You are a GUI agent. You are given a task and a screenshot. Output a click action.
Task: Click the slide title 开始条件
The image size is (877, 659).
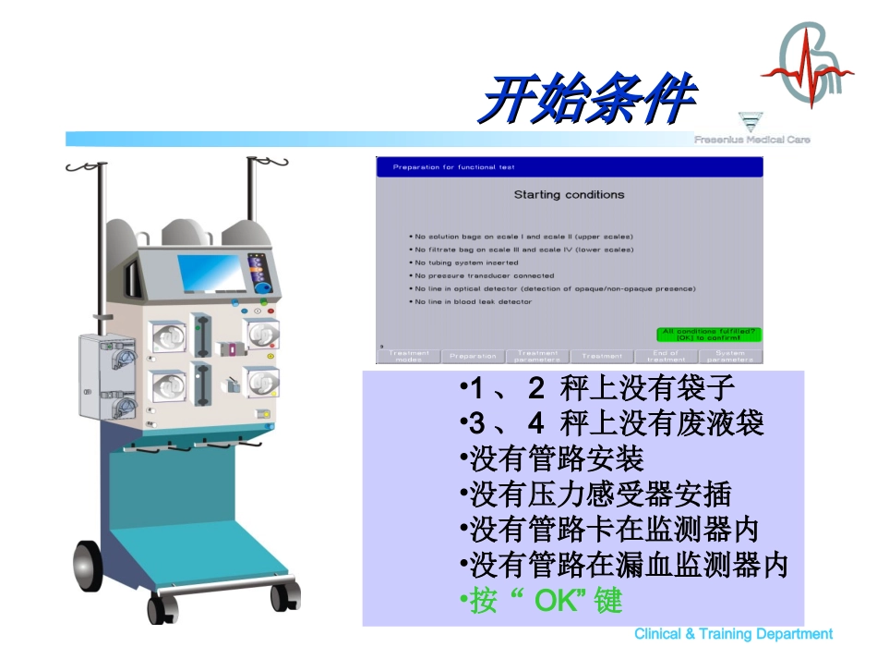click(589, 98)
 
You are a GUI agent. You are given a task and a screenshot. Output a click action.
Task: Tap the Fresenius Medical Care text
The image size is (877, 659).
click(752, 140)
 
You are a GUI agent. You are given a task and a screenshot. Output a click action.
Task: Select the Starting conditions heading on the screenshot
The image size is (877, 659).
click(569, 195)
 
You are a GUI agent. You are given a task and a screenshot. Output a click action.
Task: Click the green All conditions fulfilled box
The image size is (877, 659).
click(709, 335)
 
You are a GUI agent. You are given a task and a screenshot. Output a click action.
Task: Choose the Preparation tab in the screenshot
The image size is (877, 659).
click(473, 356)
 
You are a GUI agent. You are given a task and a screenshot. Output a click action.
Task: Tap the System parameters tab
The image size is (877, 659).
click(730, 356)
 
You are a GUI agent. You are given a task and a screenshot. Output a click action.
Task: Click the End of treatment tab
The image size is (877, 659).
click(667, 356)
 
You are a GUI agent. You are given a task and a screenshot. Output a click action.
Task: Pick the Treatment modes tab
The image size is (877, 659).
click(408, 356)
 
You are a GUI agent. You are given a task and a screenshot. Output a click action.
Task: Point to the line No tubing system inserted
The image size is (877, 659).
click(466, 262)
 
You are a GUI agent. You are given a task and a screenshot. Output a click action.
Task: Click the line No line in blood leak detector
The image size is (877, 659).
click(473, 301)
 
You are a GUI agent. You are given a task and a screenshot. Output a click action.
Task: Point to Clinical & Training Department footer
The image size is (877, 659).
click(733, 634)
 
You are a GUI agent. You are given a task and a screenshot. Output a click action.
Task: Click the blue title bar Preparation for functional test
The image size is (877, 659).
click(569, 167)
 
